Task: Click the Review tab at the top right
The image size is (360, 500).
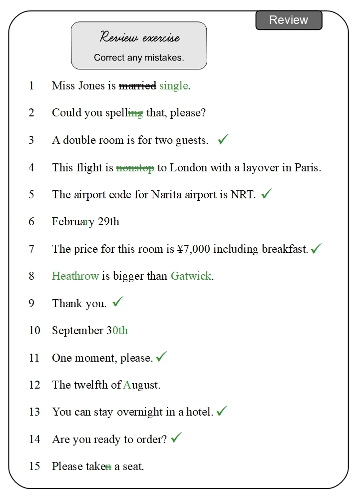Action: tap(289, 20)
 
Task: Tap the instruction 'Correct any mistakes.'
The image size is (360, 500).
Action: tap(139, 58)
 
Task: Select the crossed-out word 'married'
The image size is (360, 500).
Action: tap(137, 86)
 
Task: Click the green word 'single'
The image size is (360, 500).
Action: tap(173, 86)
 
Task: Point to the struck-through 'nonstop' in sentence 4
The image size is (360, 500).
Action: tap(135, 168)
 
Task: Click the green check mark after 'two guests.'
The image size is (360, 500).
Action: tap(223, 139)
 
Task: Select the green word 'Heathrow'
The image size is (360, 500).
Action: tap(75, 276)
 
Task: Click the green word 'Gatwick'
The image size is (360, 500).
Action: tap(191, 276)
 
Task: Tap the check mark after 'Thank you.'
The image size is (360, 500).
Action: tap(118, 302)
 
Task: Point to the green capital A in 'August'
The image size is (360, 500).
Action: tap(127, 385)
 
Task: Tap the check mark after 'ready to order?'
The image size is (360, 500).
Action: tap(176, 438)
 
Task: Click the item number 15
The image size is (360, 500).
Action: tap(34, 467)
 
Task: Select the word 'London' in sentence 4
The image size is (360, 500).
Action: tap(188, 168)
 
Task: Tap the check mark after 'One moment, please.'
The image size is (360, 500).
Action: tap(161, 357)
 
